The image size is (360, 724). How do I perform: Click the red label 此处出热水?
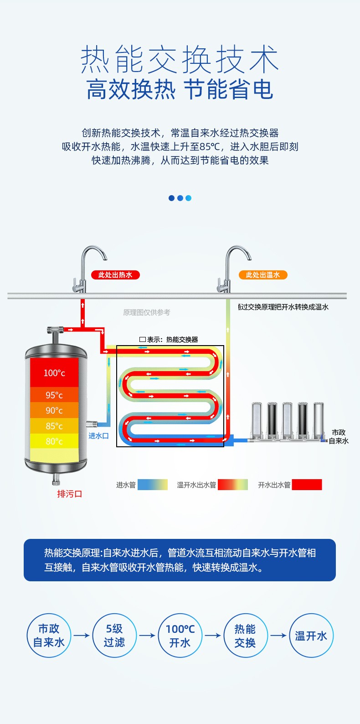[115, 275]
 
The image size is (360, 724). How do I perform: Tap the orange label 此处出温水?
[263, 275]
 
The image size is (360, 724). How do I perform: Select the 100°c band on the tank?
[54, 372]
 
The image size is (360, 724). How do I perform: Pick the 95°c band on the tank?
[54, 395]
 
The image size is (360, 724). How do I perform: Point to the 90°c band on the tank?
[54, 410]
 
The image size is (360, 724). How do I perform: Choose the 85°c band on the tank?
[54, 426]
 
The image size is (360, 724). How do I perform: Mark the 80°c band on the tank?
[54, 441]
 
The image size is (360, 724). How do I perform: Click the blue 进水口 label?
[98, 436]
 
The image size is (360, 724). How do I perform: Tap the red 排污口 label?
[69, 494]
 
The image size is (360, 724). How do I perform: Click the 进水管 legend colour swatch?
[153, 485]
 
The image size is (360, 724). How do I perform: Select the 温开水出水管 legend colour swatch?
[233, 485]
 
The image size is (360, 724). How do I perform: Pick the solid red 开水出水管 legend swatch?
[307, 485]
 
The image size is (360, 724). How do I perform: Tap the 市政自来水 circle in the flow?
[49, 636]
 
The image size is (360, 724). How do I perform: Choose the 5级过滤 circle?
[114, 636]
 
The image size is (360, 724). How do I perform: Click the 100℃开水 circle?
[180, 636]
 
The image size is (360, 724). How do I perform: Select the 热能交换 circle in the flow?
[246, 636]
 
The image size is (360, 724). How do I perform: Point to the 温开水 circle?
[311, 636]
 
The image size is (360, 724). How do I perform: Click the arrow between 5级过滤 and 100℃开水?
[147, 636]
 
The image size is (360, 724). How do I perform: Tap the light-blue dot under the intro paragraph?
[188, 198]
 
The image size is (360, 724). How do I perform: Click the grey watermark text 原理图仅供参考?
[146, 312]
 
